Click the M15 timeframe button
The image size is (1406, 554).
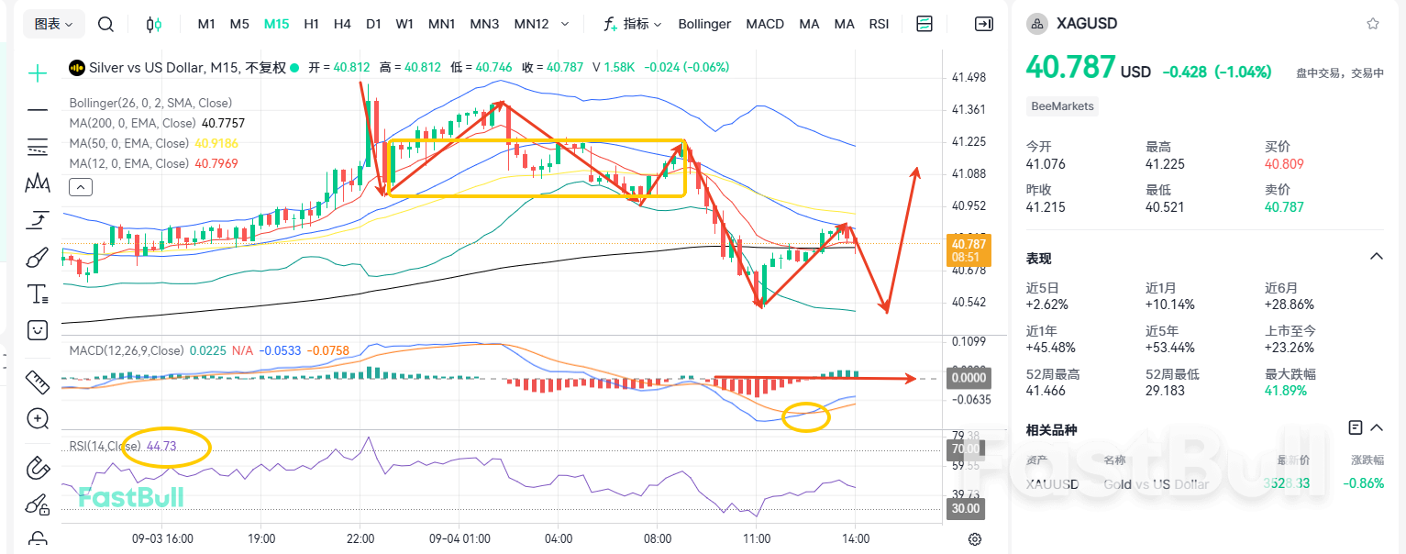click(x=276, y=24)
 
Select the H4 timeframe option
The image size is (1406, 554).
click(x=342, y=24)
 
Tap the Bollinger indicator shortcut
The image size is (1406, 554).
click(x=704, y=24)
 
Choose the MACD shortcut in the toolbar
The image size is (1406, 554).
click(x=765, y=24)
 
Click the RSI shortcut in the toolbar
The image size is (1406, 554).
click(x=879, y=24)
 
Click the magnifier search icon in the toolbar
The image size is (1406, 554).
click(x=105, y=24)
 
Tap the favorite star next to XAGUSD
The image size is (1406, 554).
click(x=1372, y=24)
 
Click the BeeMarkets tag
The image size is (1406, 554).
click(x=1062, y=106)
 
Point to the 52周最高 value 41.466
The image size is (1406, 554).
click(x=1046, y=391)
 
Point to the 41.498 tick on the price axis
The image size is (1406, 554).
click(x=969, y=77)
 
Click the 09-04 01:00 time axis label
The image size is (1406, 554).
click(x=459, y=538)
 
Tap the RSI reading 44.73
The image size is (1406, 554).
click(x=161, y=447)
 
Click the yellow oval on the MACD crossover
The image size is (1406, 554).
click(x=805, y=417)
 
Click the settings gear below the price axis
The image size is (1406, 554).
click(x=975, y=538)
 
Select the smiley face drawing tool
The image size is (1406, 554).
click(x=38, y=329)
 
